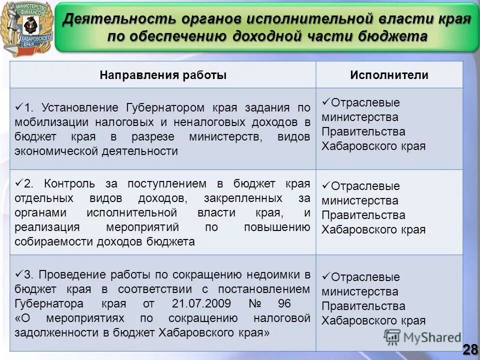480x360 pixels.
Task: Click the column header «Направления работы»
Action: [163, 75]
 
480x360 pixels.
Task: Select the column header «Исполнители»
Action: [389, 75]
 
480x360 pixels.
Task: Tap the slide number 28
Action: [469, 349]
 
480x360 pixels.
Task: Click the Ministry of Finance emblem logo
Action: [27, 28]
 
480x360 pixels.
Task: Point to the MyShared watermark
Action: [422, 338]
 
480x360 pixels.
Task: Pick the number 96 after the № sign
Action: [284, 303]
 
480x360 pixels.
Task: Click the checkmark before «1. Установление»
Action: [19, 107]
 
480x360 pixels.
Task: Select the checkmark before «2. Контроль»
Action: [19, 182]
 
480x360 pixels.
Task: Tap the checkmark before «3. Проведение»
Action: [19, 273]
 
